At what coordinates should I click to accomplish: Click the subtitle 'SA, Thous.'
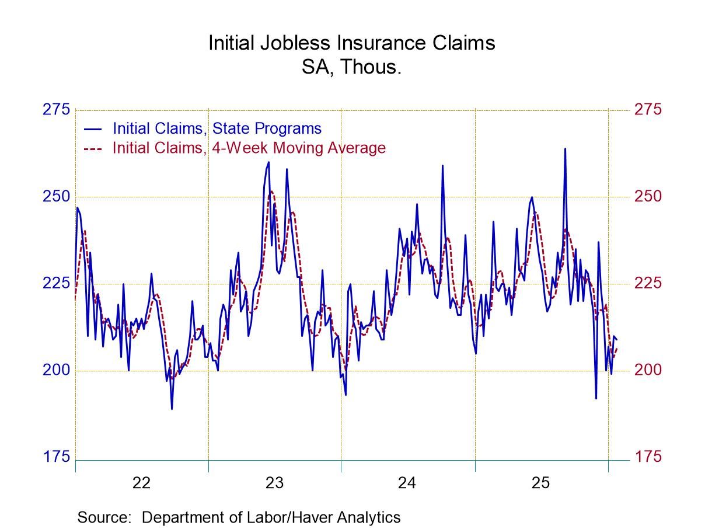(352, 67)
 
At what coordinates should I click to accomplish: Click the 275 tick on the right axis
(648, 110)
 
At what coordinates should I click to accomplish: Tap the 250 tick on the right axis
(648, 196)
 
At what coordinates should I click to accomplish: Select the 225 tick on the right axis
(648, 283)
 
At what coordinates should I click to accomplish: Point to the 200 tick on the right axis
(648, 370)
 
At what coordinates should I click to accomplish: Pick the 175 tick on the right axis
(648, 457)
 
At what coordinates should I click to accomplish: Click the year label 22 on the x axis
(141, 483)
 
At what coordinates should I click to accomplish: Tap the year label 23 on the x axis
(274, 483)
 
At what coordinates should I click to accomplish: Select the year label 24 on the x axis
(407, 483)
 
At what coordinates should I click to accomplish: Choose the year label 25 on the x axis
(540, 483)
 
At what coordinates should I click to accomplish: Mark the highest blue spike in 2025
(565, 149)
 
